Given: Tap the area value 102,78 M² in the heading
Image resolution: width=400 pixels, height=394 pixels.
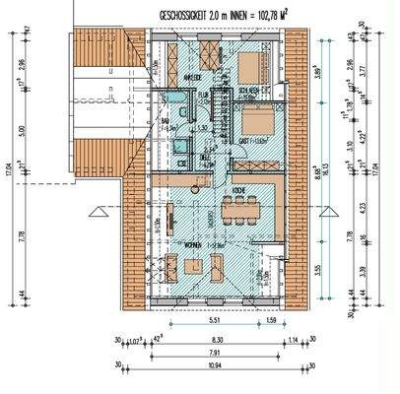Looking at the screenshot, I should coord(255,14).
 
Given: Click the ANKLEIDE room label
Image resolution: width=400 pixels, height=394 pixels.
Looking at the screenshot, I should coord(194,78).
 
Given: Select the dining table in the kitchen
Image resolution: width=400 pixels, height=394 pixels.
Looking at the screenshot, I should coord(238,209).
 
